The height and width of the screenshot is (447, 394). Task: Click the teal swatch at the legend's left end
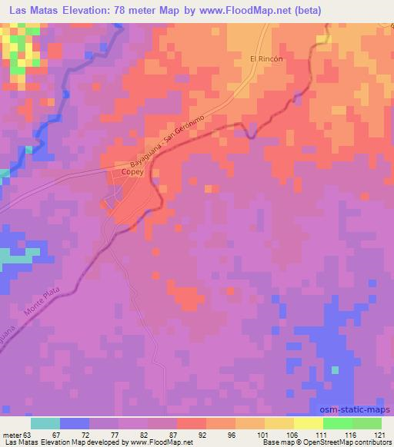click(x=45, y=423)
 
